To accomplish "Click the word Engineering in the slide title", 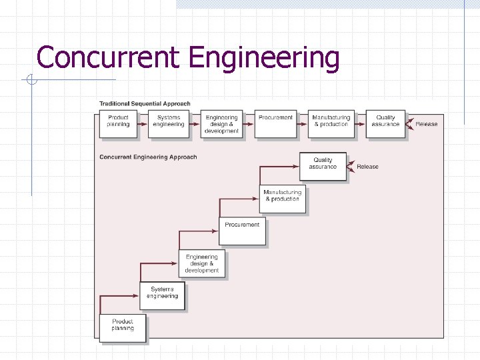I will [x=264, y=59].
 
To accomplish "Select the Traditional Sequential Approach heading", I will [x=145, y=103].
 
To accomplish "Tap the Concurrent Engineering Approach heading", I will [x=148, y=157].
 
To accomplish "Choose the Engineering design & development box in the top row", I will [x=221, y=124].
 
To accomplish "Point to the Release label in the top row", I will [x=427, y=124].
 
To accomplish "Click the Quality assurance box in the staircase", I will [x=323, y=167].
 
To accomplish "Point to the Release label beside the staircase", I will [x=367, y=167].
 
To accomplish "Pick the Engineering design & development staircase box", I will [x=201, y=263].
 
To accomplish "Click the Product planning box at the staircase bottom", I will [x=122, y=327].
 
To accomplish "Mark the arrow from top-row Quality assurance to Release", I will [x=409, y=125].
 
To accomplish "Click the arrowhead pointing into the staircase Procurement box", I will [x=215, y=231].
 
